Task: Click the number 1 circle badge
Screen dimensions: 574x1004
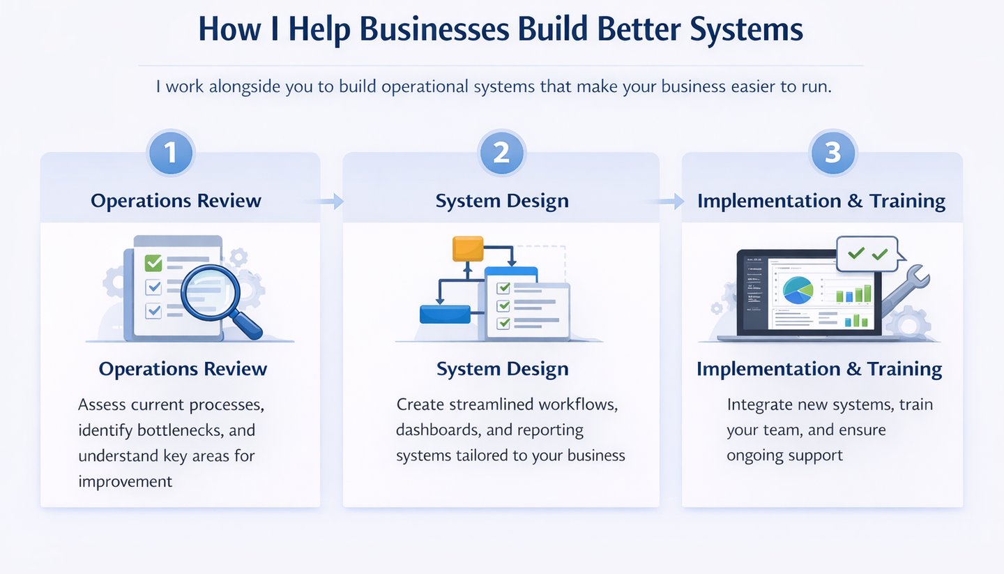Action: tap(171, 152)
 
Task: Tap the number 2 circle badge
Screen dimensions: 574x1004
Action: tap(501, 152)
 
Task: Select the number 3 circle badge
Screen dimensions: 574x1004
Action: tap(832, 152)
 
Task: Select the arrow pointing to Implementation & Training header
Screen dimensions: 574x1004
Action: tap(669, 202)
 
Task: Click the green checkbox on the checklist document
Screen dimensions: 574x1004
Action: tap(153, 263)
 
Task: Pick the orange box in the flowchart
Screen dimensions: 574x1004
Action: tap(467, 248)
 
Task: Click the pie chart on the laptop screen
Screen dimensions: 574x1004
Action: tap(798, 290)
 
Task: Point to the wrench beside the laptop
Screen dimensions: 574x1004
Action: tap(906, 287)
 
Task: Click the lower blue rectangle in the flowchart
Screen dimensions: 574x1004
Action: tap(446, 315)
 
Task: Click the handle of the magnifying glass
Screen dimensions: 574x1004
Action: tap(246, 324)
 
